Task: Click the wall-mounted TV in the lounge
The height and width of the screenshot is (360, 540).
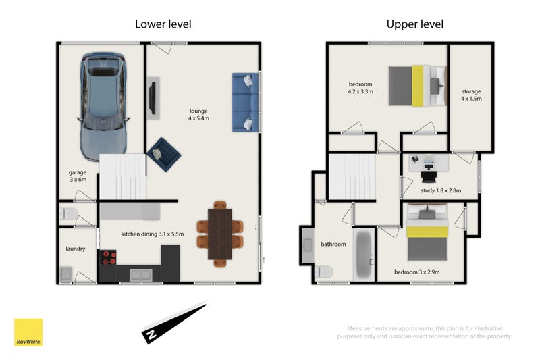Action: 154,98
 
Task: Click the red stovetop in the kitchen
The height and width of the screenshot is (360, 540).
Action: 108,257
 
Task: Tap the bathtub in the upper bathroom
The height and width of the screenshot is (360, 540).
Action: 362,256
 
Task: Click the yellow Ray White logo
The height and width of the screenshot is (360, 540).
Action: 28,332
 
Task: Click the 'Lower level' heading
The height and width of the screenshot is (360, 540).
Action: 163,24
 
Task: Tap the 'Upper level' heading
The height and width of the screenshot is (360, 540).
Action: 414,24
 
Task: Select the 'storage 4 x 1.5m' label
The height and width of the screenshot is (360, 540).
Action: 471,95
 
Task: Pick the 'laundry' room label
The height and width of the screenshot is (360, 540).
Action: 75,249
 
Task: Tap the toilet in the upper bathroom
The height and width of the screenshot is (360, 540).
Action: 323,272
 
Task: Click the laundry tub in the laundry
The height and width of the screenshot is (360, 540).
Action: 66,274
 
